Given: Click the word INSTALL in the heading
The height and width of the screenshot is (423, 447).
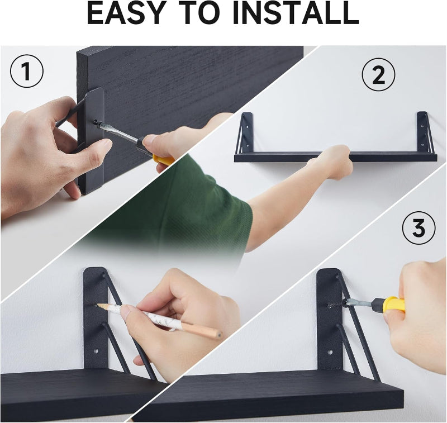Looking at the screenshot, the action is pyautogui.click(x=296, y=13).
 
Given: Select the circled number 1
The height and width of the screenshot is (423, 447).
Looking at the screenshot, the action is pyautogui.click(x=27, y=71).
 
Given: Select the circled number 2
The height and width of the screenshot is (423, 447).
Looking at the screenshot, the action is pyautogui.click(x=379, y=75).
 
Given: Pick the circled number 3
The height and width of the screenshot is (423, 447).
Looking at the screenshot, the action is pyautogui.click(x=419, y=228).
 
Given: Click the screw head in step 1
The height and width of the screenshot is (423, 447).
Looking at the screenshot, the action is pyautogui.click(x=97, y=123).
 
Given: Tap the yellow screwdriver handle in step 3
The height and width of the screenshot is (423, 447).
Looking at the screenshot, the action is pyautogui.click(x=394, y=304).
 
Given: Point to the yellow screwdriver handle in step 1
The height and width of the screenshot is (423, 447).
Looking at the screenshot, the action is pyautogui.click(x=163, y=160).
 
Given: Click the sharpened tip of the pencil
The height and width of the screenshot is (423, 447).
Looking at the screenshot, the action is pyautogui.click(x=98, y=305).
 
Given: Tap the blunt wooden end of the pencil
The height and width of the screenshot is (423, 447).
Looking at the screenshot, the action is pyautogui.click(x=219, y=335).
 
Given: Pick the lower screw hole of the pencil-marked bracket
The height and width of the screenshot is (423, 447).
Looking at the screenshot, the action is pyautogui.click(x=96, y=351).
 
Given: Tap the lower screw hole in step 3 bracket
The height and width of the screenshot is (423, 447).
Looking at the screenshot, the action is pyautogui.click(x=330, y=352).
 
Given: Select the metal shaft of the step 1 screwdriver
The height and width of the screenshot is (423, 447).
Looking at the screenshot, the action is pyautogui.click(x=120, y=134).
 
